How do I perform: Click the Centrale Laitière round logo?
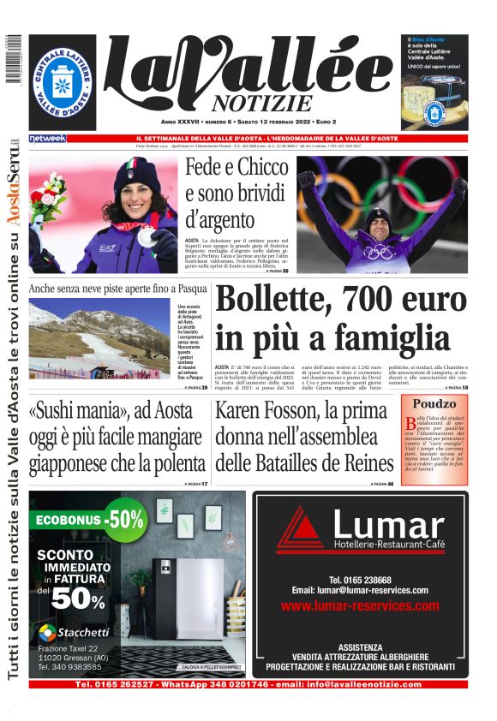click(63, 83)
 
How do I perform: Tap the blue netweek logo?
click(47, 139)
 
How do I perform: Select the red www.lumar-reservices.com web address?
click(359, 605)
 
